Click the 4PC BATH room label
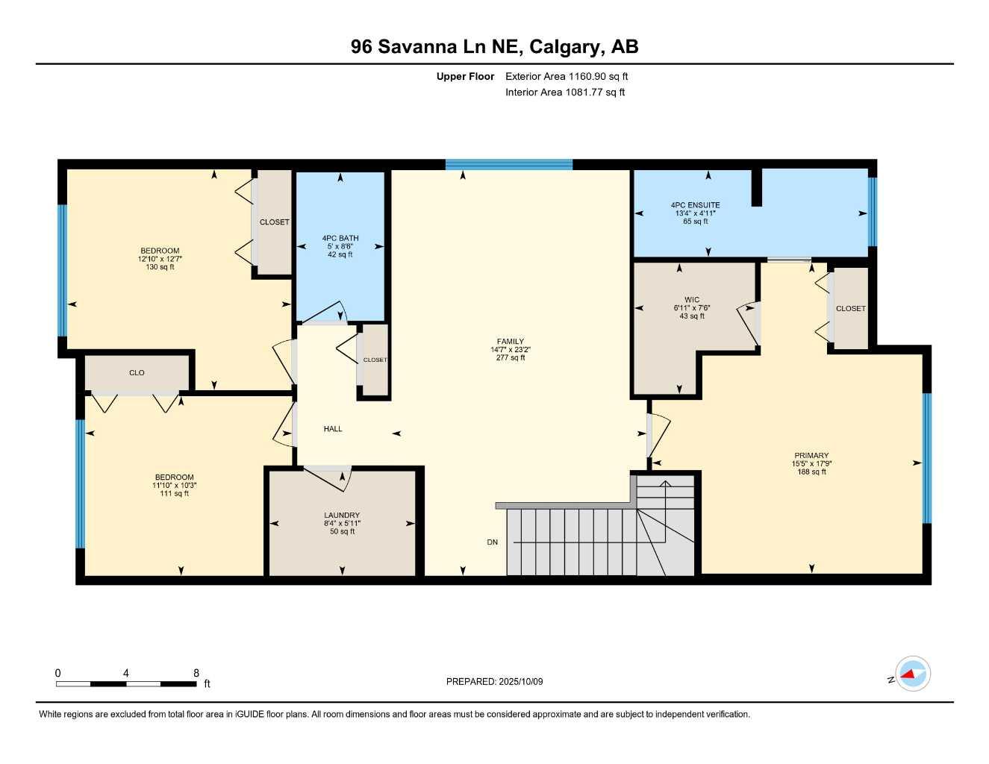pos(340,238)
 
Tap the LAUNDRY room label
pos(342,516)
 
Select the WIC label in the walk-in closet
pos(692,300)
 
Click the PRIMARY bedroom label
pos(811,456)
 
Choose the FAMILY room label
pos(511,342)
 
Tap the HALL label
pos(333,429)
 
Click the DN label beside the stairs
pos(492,542)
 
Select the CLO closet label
pos(137,373)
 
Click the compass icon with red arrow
pos(912,674)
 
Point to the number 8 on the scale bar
pos(196,673)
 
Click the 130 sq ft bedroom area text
pos(160,267)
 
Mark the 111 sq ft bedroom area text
pos(174,493)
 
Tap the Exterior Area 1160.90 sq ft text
pos(567,76)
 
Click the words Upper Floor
pos(465,76)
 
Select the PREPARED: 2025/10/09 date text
pos(494,681)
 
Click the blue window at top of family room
pos(509,165)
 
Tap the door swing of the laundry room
pos(328,477)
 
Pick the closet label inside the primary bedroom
pos(850,308)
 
